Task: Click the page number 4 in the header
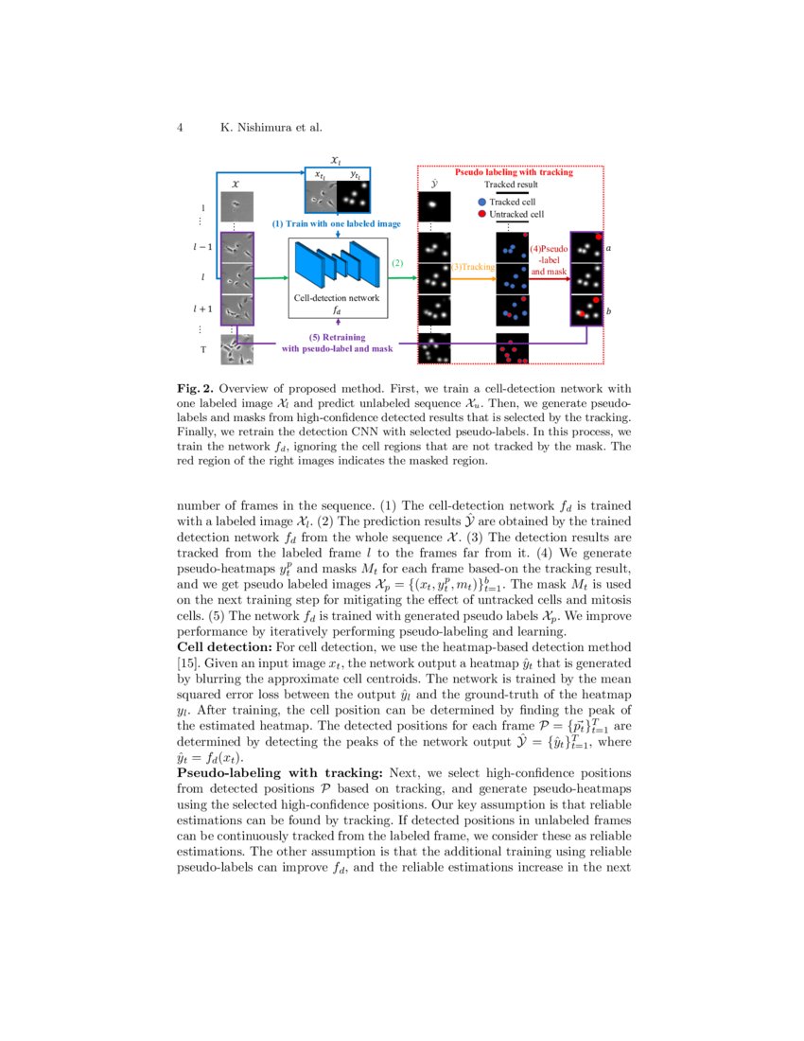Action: tap(180, 127)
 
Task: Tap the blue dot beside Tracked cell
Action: tap(482, 202)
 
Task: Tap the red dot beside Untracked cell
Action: tap(482, 215)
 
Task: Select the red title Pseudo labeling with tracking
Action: tap(514, 173)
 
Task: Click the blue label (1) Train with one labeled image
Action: tap(336, 224)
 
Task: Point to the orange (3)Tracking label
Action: tap(473, 268)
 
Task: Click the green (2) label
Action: tap(397, 263)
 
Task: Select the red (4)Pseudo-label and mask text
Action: tap(550, 259)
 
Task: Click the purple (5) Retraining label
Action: tap(338, 337)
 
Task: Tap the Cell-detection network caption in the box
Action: tap(337, 297)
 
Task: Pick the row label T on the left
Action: tap(202, 349)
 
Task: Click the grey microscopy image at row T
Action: tap(236, 349)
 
